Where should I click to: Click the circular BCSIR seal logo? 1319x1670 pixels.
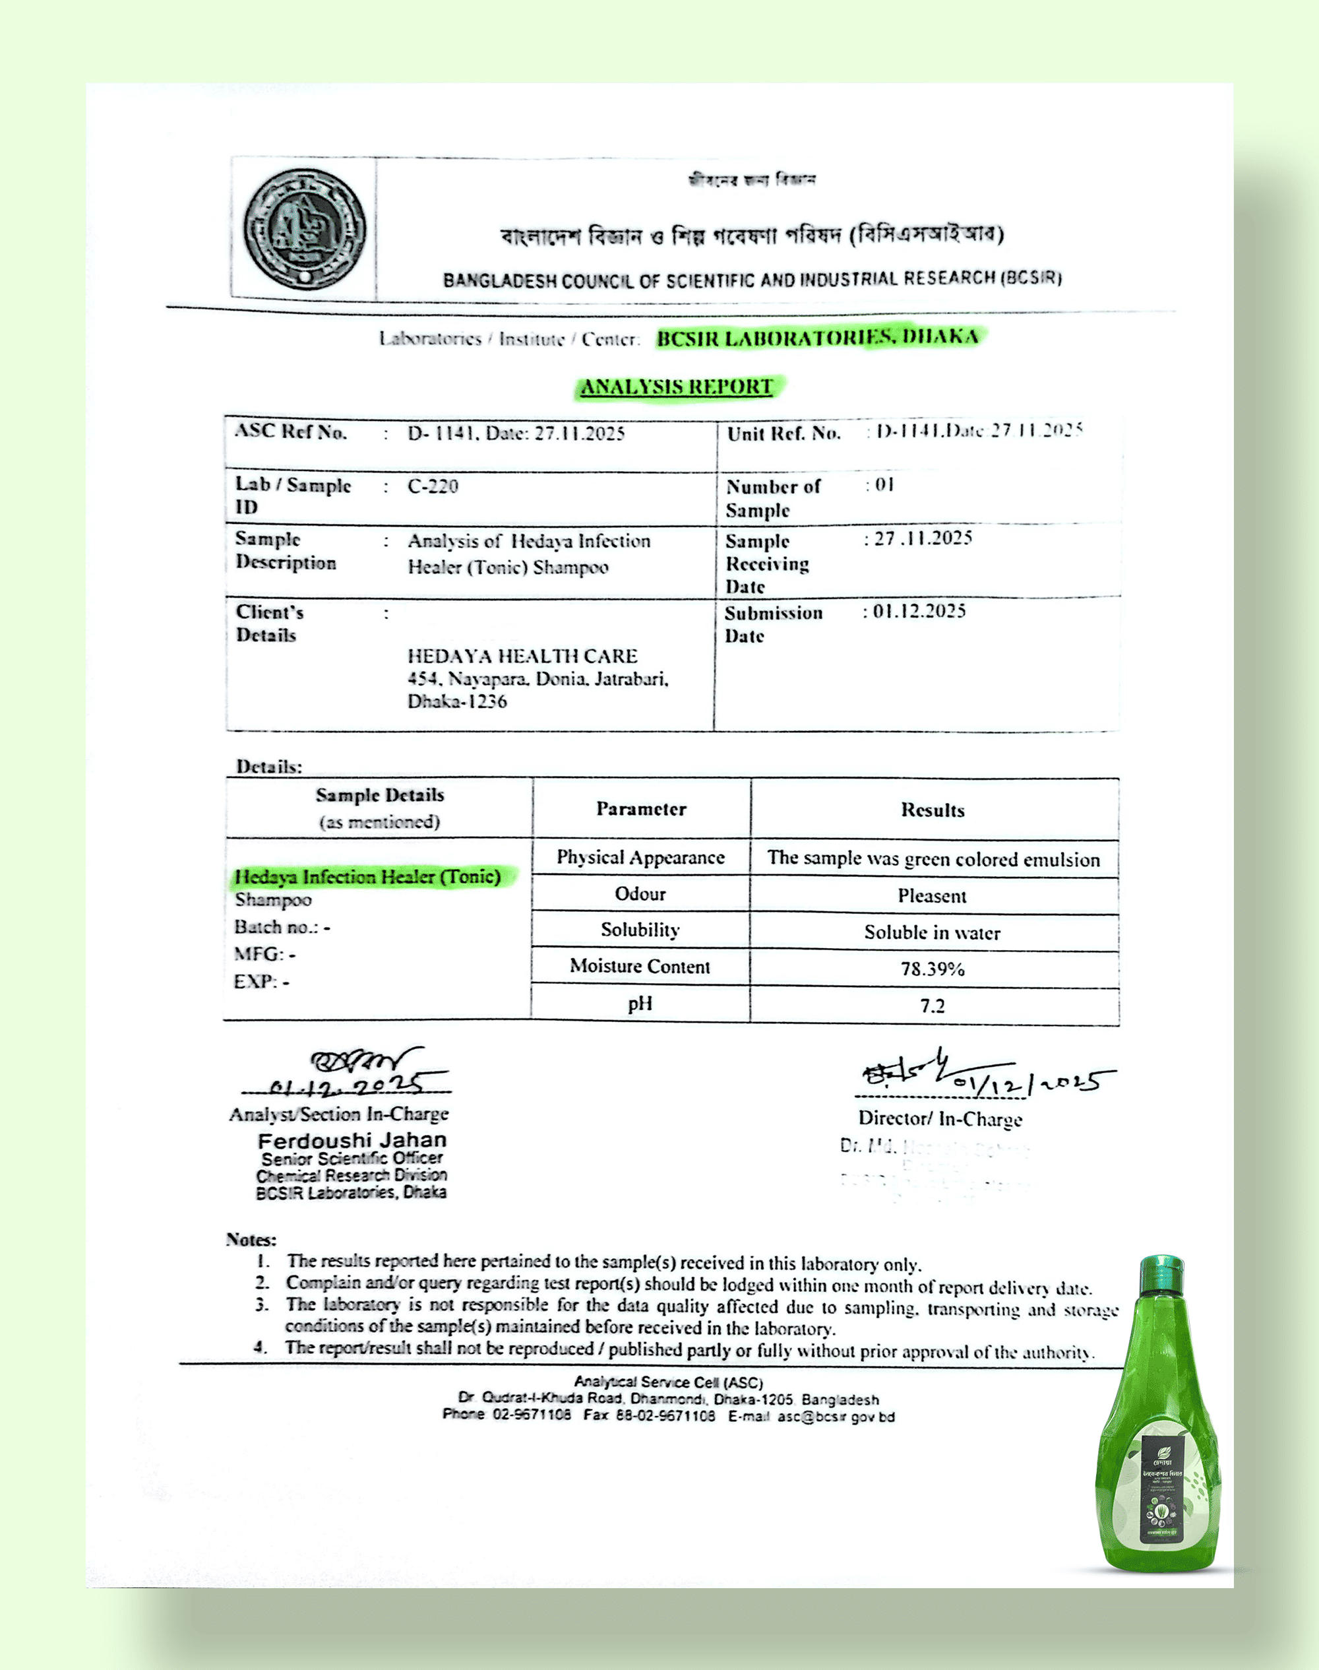(x=305, y=229)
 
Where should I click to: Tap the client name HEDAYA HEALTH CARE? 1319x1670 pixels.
(x=522, y=657)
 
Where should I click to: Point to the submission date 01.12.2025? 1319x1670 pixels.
(x=918, y=612)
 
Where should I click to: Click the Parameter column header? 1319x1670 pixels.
(x=641, y=810)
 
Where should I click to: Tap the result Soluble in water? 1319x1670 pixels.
(x=932, y=933)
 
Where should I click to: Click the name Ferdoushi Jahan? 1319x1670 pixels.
(x=352, y=1141)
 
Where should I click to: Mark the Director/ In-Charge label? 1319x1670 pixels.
(x=940, y=1119)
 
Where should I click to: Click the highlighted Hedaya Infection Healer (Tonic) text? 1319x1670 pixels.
(x=367, y=878)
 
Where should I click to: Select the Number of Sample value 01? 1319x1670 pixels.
(x=884, y=485)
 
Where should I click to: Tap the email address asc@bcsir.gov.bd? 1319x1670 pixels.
(x=836, y=1417)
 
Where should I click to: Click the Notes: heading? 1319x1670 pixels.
(x=251, y=1240)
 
